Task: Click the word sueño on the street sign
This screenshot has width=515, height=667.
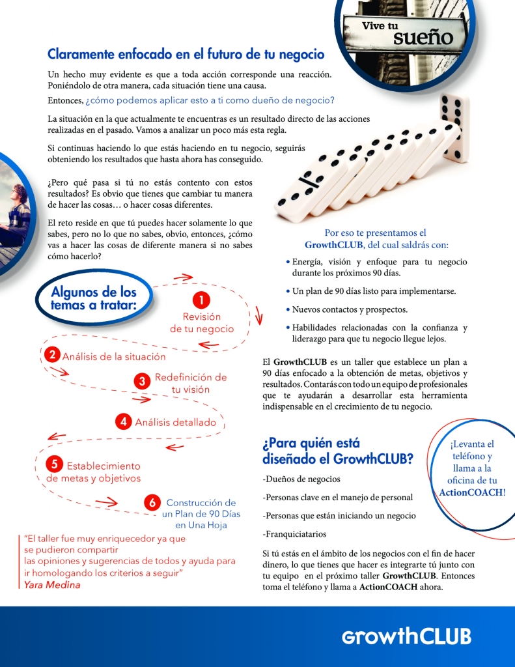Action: (423, 37)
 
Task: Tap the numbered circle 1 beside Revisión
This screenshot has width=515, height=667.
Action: (202, 300)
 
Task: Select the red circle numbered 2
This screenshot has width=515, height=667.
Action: (51, 355)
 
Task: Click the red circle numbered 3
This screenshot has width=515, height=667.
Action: (141, 382)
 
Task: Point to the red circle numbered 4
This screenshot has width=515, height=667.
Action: (123, 421)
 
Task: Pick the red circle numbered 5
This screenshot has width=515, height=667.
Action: (55, 464)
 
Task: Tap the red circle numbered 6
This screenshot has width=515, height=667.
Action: (152, 502)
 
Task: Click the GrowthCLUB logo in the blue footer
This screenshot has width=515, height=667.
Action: (406, 636)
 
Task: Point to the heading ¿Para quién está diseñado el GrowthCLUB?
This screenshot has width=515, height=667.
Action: (337, 451)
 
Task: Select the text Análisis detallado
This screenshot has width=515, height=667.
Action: (175, 422)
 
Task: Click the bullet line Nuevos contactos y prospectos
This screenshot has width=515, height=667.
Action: (350, 309)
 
